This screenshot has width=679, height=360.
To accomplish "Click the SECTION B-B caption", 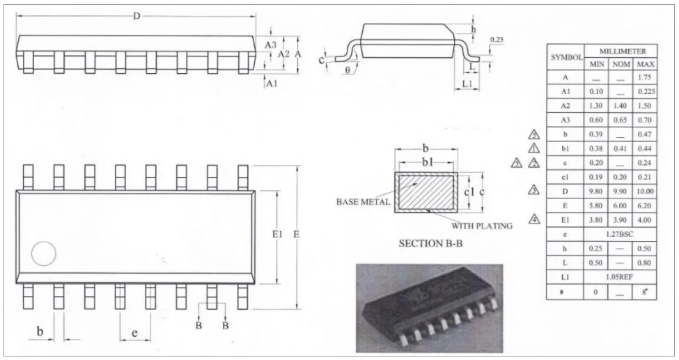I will (430, 244).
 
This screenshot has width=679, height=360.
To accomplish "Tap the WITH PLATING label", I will (482, 226).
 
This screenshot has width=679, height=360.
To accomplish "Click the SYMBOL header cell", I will (566, 58).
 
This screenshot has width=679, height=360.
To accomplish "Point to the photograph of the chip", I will (429, 307).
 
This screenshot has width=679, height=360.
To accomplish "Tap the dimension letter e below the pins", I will (134, 334).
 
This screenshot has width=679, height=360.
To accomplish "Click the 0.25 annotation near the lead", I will (497, 40).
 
